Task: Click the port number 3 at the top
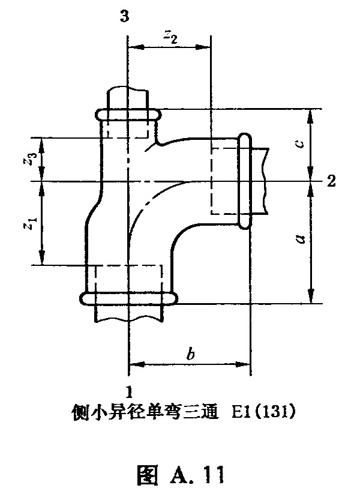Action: point(125,16)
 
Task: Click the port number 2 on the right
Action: point(331,181)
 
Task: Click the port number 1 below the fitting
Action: point(129,392)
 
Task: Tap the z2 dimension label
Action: point(170,38)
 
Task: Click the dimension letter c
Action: point(300,144)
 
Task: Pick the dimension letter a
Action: point(300,238)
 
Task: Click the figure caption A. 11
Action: point(180,474)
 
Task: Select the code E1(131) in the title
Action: point(263,412)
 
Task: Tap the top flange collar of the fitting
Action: point(128,115)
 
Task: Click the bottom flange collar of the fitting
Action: point(128,299)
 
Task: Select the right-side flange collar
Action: point(245,181)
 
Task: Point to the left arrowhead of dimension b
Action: point(136,364)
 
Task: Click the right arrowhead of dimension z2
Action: point(203,47)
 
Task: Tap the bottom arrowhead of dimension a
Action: point(310,295)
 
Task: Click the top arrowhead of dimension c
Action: point(310,116)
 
